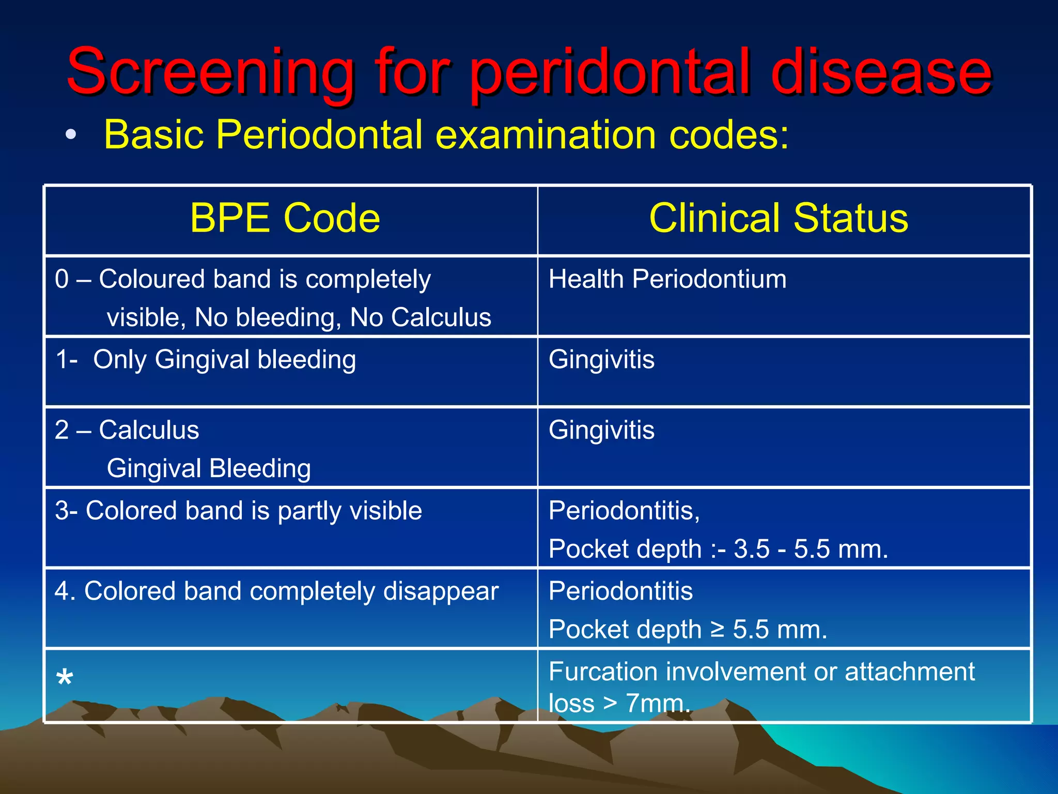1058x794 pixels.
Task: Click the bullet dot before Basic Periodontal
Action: click(71, 135)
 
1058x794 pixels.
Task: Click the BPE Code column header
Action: click(285, 218)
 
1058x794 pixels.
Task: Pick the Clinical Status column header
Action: click(779, 218)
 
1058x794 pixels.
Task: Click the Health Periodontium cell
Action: click(667, 279)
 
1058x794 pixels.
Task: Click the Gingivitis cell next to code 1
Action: click(601, 359)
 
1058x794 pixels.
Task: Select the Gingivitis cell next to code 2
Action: click(601, 430)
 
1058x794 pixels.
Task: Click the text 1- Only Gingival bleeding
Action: click(206, 359)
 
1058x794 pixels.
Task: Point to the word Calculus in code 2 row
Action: click(149, 430)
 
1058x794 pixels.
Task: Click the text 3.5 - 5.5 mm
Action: click(811, 549)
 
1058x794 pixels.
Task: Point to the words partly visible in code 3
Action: click(350, 511)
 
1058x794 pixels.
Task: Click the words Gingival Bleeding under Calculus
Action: click(209, 468)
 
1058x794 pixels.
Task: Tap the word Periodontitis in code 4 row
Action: click(620, 591)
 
